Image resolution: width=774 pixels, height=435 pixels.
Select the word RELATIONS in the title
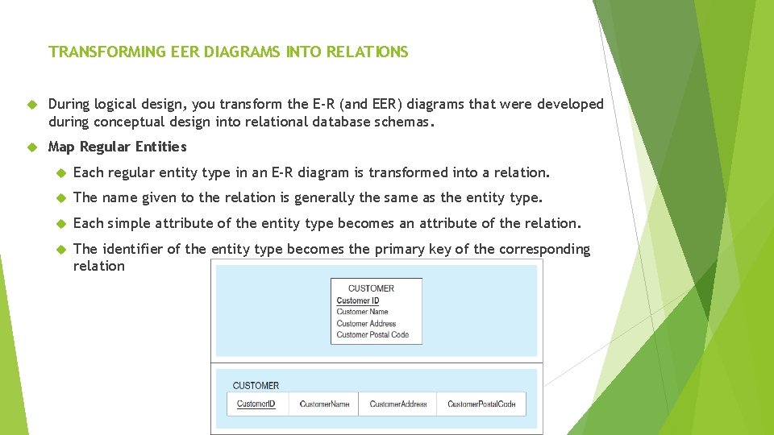click(368, 52)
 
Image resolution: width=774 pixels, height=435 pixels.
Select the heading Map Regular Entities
click(117, 147)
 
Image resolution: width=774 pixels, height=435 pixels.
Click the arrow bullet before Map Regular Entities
click(31, 147)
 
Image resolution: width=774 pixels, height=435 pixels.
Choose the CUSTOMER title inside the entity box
click(371, 288)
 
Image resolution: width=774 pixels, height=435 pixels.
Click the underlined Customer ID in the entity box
click(358, 300)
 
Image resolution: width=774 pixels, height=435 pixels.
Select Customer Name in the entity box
click(362, 312)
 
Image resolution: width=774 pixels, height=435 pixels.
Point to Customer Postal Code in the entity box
click(372, 334)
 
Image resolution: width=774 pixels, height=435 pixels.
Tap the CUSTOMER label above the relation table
click(256, 386)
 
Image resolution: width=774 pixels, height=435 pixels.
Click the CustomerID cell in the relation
click(256, 404)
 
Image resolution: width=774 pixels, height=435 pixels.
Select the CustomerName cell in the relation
click(324, 404)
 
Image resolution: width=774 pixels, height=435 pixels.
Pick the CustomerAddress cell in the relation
click(398, 404)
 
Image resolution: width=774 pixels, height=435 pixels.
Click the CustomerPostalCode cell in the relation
click(481, 404)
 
